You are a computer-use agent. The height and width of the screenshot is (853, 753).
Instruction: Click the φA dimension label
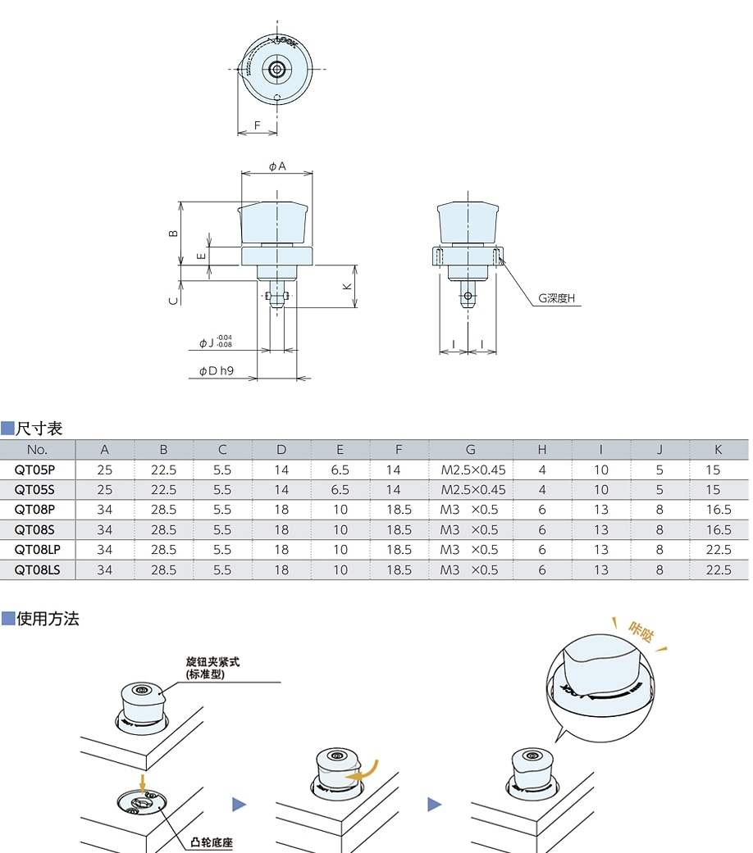[276, 166]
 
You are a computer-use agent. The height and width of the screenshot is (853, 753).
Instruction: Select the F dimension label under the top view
[257, 125]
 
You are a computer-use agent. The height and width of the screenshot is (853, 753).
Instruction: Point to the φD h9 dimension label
[217, 371]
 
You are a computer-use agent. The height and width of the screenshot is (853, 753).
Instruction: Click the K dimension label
[347, 287]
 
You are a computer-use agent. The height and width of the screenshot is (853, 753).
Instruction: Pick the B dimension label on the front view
[173, 233]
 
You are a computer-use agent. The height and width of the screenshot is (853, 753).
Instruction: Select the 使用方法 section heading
[48, 619]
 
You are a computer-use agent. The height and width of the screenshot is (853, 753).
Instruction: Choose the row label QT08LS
[37, 569]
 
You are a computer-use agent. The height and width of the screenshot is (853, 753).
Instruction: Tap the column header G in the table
[470, 449]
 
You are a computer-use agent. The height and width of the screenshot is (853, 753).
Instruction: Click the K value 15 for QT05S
[712, 489]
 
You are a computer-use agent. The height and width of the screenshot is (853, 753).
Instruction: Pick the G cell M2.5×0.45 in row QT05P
[472, 470]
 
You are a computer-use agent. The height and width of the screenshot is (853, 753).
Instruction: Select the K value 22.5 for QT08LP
[717, 550]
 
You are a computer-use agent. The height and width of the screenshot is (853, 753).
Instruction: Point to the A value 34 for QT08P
[105, 510]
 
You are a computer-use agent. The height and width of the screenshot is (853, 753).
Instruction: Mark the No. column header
[37, 449]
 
